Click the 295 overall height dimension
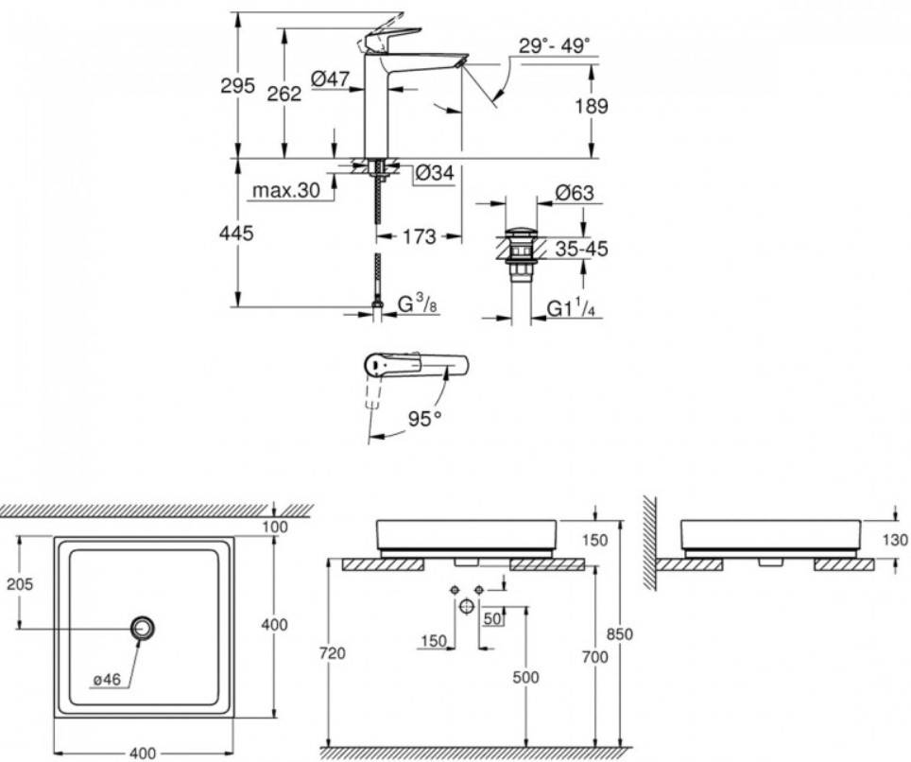pyautogui.click(x=237, y=86)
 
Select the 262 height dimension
pyautogui.click(x=284, y=94)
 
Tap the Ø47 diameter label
pyautogui.click(x=330, y=78)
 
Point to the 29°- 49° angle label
pyautogui.click(x=554, y=45)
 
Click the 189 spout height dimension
pyautogui.click(x=592, y=107)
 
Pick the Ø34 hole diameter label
pyautogui.click(x=435, y=173)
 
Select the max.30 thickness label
pyautogui.click(x=286, y=190)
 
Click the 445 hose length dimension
pyautogui.click(x=236, y=234)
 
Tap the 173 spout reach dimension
pyautogui.click(x=419, y=236)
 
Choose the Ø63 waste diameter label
pyautogui.click(x=574, y=192)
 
